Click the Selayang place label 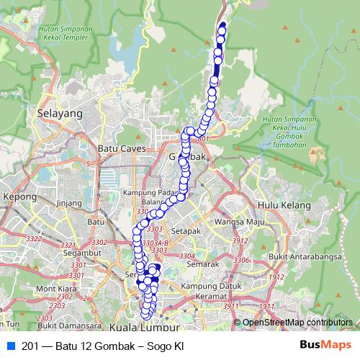59,114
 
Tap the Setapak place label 185,231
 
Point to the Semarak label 202,265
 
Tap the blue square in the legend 10,346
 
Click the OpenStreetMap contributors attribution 297,323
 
